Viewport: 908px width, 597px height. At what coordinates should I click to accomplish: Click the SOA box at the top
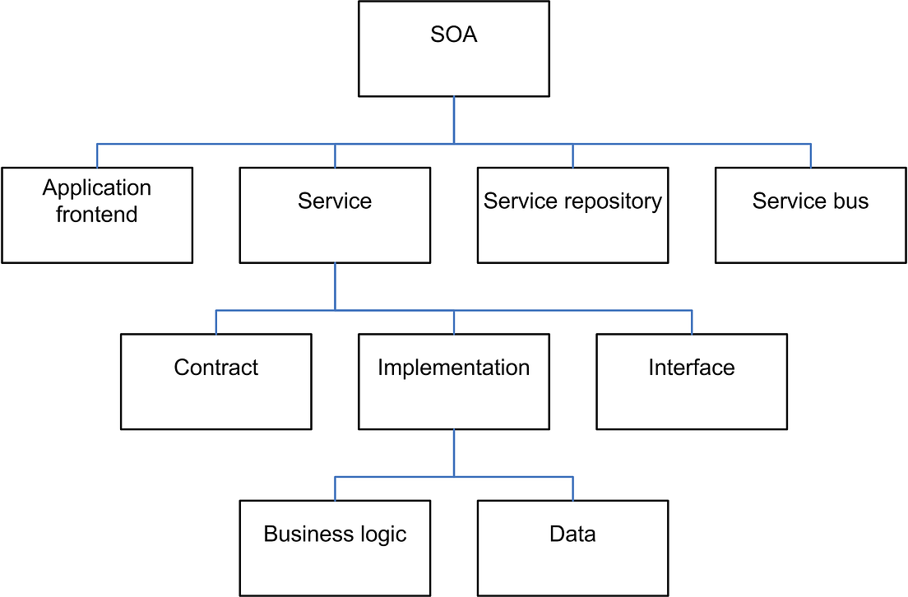pyautogui.click(x=454, y=49)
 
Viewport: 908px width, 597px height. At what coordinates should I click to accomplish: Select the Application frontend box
pyautogui.click(x=97, y=215)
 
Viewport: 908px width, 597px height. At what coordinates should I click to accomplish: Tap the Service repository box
pyautogui.click(x=572, y=215)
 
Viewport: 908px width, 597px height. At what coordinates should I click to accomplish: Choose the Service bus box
pyautogui.click(x=810, y=215)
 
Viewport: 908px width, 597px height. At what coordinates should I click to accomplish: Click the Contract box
pyautogui.click(x=215, y=382)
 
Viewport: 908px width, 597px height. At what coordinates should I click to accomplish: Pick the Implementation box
pyautogui.click(x=454, y=382)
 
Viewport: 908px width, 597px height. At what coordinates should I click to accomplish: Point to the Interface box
pyautogui.click(x=692, y=382)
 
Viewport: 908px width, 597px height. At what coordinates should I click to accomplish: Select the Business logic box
pyautogui.click(x=335, y=548)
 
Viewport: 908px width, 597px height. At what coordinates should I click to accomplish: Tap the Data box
pyautogui.click(x=572, y=548)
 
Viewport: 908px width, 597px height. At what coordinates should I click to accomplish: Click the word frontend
pyautogui.click(x=97, y=215)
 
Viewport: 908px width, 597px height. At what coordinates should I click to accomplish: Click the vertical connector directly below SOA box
pyautogui.click(x=454, y=120)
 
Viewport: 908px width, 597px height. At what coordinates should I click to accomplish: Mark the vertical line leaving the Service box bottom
pyautogui.click(x=335, y=286)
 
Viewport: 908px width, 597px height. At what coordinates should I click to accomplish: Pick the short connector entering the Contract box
pyautogui.click(x=216, y=322)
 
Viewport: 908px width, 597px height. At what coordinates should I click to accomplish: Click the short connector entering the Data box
pyautogui.click(x=572, y=488)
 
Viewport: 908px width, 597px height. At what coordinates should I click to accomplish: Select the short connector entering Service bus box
pyautogui.click(x=811, y=156)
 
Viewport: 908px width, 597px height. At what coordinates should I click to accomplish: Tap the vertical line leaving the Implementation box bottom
pyautogui.click(x=454, y=452)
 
